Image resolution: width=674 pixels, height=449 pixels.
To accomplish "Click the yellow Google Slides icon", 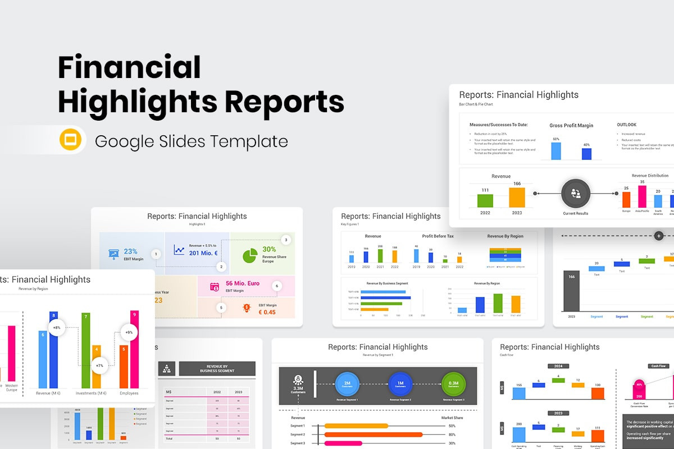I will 71,140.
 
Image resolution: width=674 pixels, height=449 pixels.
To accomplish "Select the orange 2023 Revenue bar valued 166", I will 517,197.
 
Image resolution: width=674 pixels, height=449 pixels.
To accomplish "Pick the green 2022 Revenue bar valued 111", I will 485,200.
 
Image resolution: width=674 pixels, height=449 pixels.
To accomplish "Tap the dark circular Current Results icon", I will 576,194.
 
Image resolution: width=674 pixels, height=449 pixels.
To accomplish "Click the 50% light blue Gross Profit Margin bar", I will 556,150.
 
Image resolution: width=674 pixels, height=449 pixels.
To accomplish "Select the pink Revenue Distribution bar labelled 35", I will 642,196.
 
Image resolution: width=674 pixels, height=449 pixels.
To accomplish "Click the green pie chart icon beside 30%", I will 250,255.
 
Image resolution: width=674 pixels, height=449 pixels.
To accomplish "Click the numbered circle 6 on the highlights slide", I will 276,286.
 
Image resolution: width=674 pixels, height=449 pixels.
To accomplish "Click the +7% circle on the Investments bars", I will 100,365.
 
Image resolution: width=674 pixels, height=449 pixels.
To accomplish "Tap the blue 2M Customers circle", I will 347,384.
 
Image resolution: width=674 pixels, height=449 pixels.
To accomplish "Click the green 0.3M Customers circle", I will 453,384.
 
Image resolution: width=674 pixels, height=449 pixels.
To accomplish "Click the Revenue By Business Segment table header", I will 217,368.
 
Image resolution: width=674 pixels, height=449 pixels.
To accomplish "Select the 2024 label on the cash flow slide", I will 558,366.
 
